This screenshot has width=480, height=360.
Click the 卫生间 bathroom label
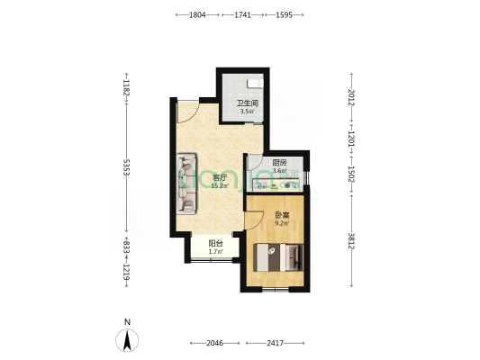[248, 103]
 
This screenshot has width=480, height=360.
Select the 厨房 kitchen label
[279, 163]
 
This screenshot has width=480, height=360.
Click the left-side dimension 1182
[127, 91]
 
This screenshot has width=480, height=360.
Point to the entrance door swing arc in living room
[186, 109]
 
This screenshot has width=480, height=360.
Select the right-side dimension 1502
[352, 174]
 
